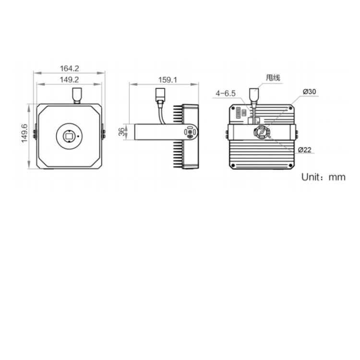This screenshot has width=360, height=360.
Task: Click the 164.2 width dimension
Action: point(69,69)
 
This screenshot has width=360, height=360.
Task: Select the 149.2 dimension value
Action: point(69,80)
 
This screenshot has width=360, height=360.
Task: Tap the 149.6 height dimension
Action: point(24,133)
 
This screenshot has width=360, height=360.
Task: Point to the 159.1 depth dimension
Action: point(168,80)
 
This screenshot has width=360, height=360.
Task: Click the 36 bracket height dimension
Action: point(122,132)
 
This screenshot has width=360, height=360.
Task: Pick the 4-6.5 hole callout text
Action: point(226,93)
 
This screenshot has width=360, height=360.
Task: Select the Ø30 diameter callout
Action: point(309,92)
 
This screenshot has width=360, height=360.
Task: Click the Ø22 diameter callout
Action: point(305,150)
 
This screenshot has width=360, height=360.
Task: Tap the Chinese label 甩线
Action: point(273,78)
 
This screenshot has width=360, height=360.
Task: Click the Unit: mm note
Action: point(323,177)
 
